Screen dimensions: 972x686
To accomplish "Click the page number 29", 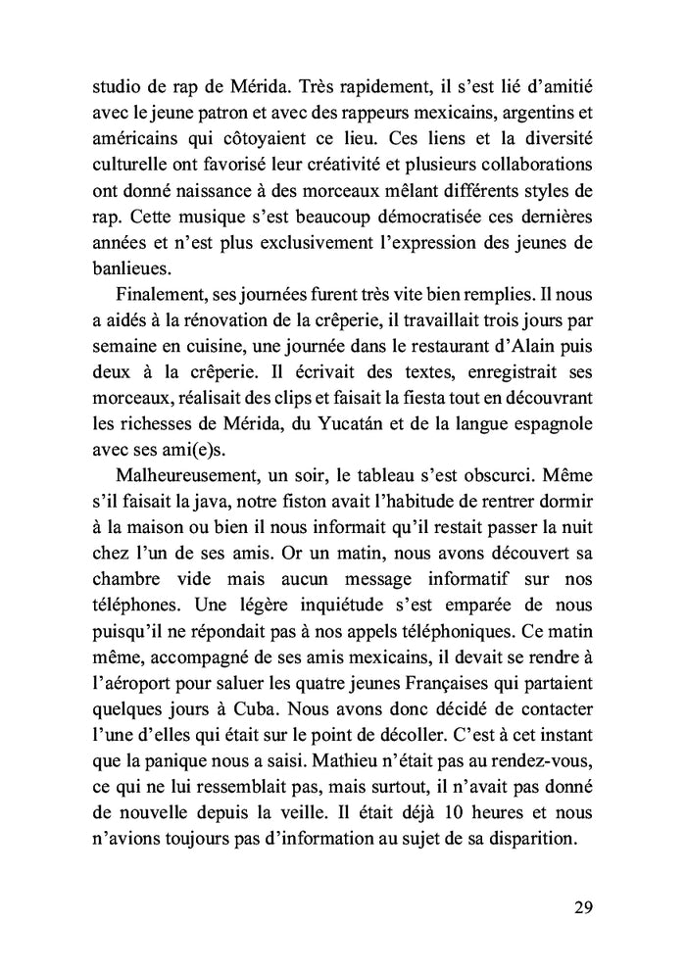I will [x=582, y=906].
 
